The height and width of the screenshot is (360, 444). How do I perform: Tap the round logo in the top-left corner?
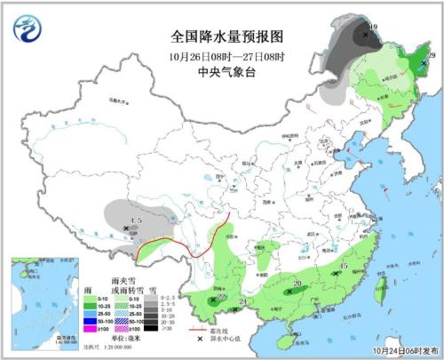pyautogui.click(x=28, y=30)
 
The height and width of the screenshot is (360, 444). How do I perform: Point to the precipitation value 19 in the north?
pyautogui.click(x=372, y=28)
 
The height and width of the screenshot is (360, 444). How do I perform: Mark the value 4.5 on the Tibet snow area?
pyautogui.click(x=136, y=220)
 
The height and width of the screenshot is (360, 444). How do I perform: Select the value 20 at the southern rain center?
pyautogui.click(x=297, y=284)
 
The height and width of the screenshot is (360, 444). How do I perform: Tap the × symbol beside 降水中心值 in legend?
pyautogui.click(x=202, y=341)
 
